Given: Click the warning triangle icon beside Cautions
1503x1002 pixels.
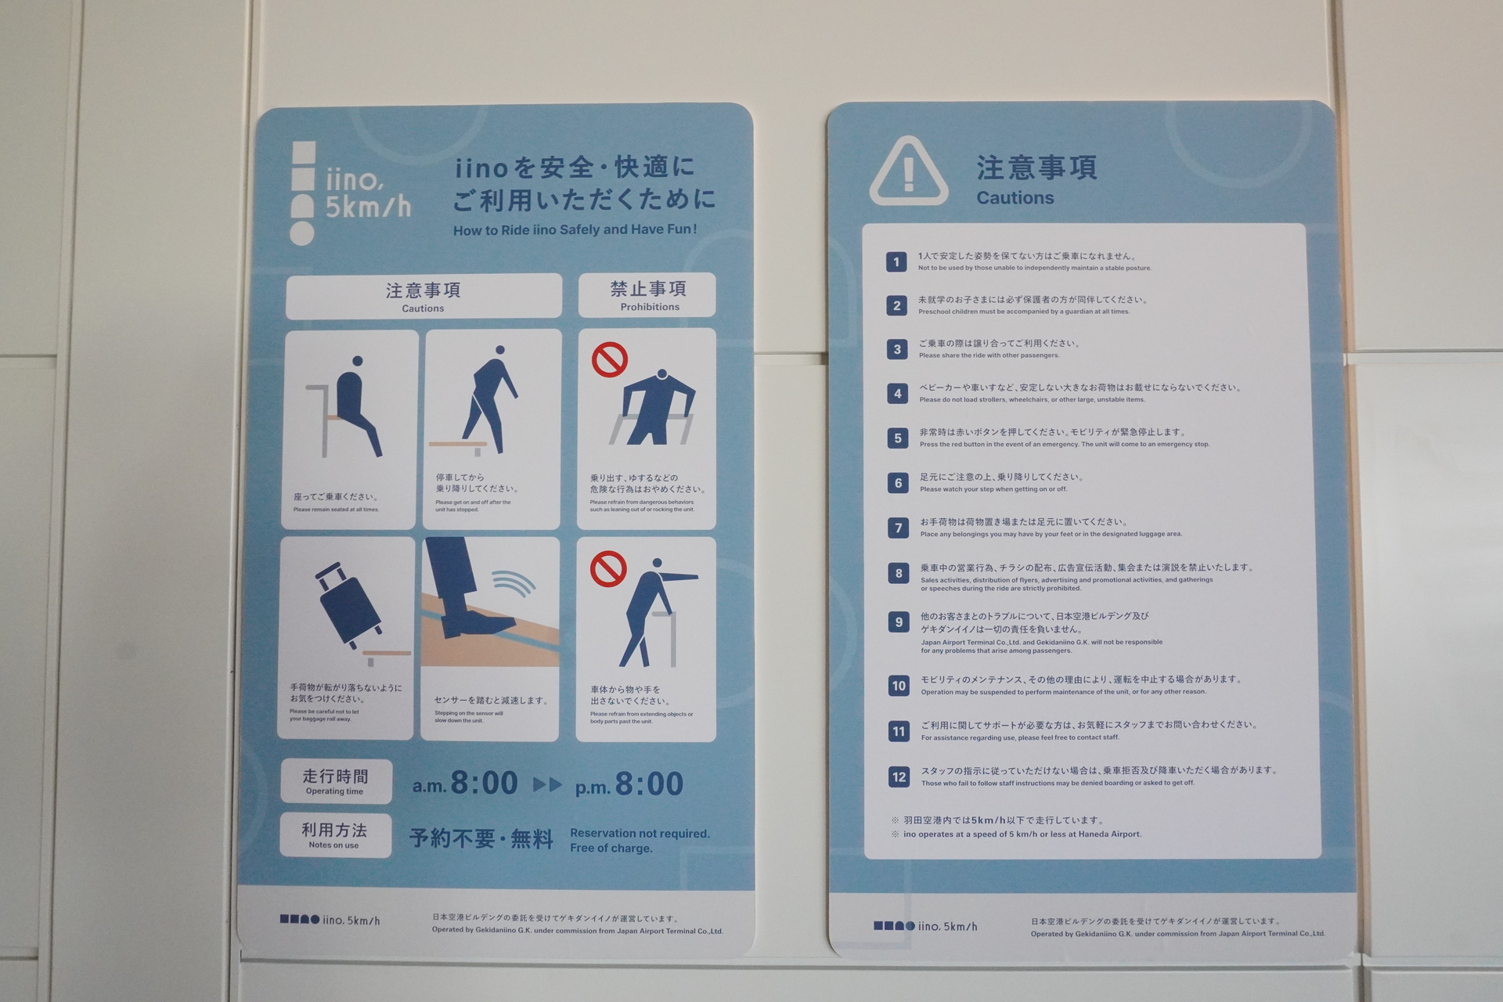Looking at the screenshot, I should (908, 172).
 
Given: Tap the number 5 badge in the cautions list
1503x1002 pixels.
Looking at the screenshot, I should (898, 438).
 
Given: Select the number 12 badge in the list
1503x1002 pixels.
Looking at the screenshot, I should (899, 777).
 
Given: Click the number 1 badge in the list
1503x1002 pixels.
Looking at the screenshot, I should (896, 261).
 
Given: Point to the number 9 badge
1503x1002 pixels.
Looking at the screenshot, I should (899, 622).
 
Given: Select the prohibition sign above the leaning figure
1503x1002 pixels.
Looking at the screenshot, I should (610, 360).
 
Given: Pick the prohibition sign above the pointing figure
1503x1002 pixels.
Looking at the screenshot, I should (608, 568).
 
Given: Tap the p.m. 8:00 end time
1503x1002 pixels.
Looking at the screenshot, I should (629, 784).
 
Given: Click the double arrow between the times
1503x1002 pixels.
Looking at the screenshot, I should (547, 784).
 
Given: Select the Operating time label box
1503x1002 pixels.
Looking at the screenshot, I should (336, 781).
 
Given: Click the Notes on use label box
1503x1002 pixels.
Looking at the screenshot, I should (335, 835).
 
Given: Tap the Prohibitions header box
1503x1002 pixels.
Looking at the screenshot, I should (647, 295).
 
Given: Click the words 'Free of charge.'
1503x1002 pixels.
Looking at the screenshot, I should (611, 849).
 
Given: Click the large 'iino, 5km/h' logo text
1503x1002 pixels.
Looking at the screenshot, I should (367, 193).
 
